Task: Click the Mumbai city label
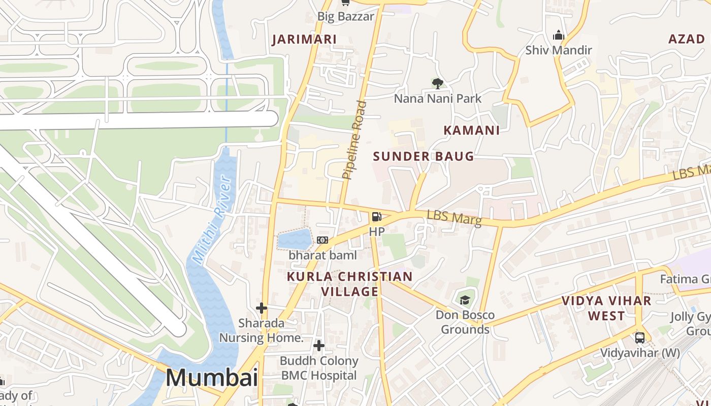[212, 378]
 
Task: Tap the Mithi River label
[213, 220]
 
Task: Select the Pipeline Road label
[354, 140]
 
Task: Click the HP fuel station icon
[376, 217]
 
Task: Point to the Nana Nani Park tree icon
[437, 83]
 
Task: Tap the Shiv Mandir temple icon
[559, 36]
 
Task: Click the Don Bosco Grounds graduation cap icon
[465, 300]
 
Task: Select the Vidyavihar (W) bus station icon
[640, 337]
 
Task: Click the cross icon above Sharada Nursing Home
[262, 308]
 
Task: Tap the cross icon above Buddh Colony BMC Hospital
[319, 346]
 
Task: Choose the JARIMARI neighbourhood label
[304, 40]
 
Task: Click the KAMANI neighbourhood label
[471, 130]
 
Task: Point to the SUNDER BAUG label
[424, 156]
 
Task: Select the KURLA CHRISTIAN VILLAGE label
[349, 284]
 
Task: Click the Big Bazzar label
[345, 16]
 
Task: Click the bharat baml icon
[322, 240]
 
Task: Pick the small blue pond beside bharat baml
[295, 239]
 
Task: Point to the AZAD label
[687, 39]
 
